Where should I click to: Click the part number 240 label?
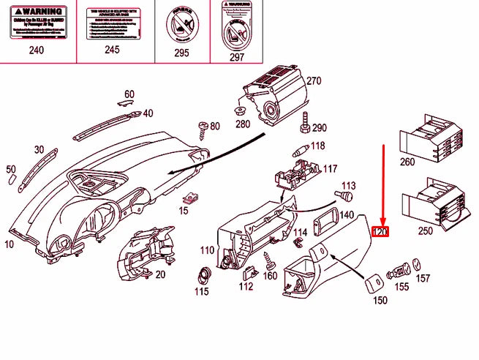[x=36, y=50]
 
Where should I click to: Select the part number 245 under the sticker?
[x=111, y=50]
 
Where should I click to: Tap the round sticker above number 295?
[x=181, y=24]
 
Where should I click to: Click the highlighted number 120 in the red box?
[x=381, y=232]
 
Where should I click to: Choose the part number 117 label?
[x=331, y=169]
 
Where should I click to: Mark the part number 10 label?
[x=9, y=244]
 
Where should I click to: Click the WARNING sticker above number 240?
[x=36, y=23]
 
